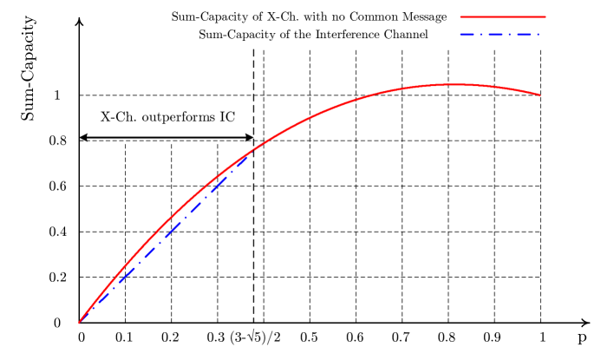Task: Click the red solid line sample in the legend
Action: pos(503,16)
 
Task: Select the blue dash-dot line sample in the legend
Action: pos(500,35)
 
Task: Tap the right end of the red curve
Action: pos(540,95)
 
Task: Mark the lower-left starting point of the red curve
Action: pos(79,323)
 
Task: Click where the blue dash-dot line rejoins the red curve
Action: pos(252,152)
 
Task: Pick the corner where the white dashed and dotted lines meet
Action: pos(540,49)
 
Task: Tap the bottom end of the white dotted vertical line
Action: pos(540,317)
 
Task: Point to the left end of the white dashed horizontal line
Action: pos(82,49)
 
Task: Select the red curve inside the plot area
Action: pos(347,105)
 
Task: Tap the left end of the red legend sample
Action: pos(461,16)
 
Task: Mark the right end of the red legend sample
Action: pos(545,16)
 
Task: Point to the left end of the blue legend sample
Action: pos(461,35)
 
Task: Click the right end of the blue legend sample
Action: pos(539,35)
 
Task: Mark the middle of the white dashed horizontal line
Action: pos(310,49)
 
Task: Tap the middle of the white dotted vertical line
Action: pos(540,184)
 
